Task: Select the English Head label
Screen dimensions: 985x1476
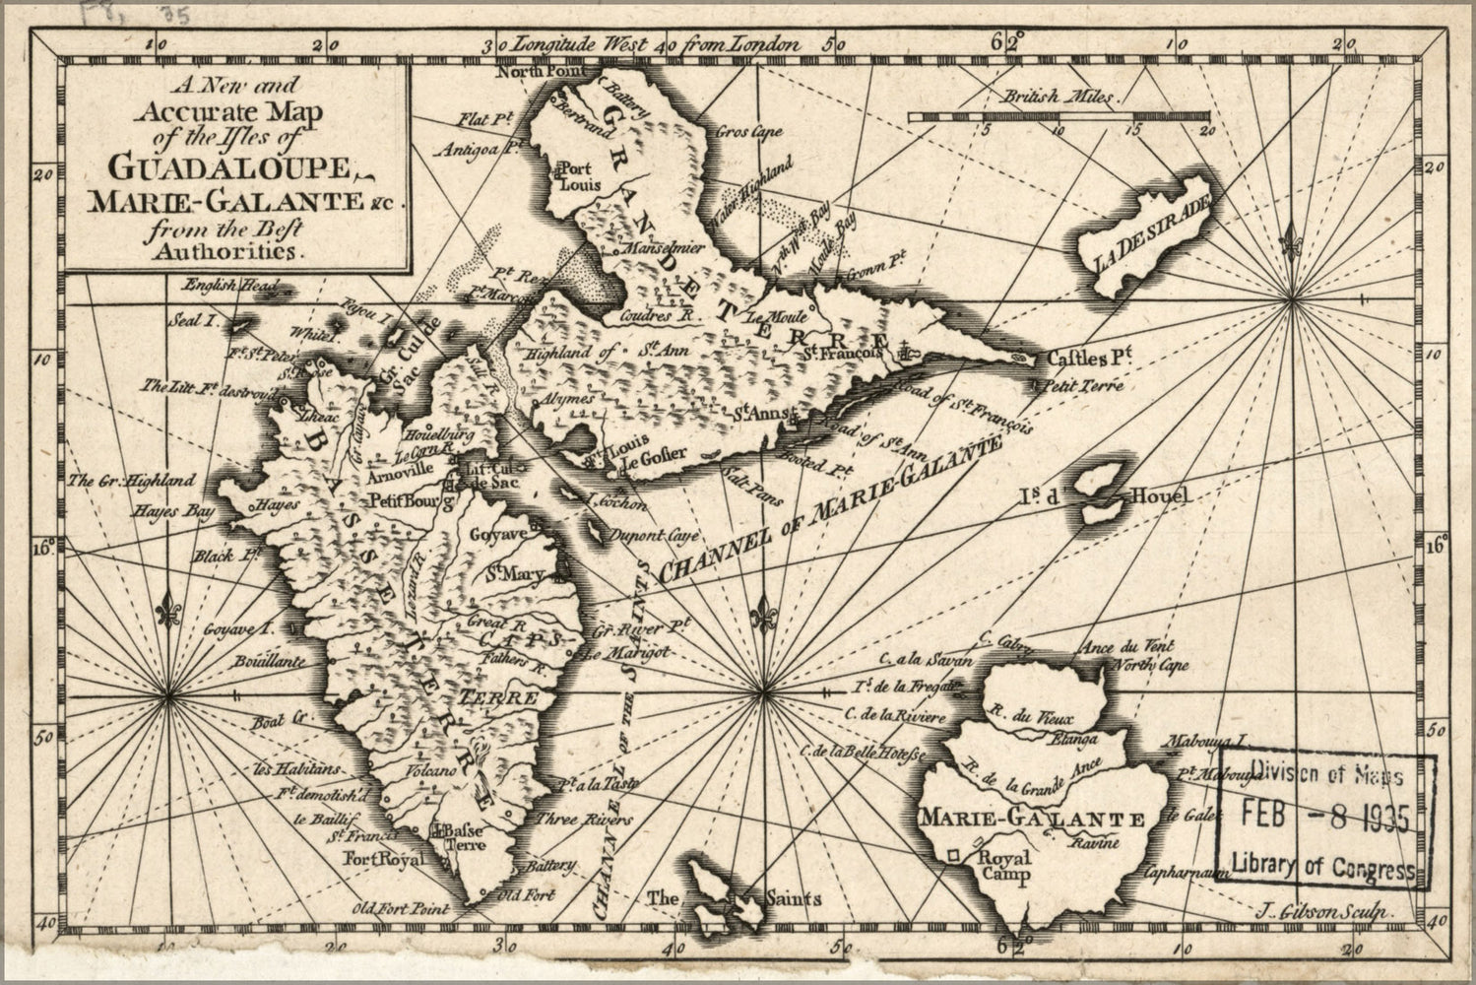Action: coord(220,286)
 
